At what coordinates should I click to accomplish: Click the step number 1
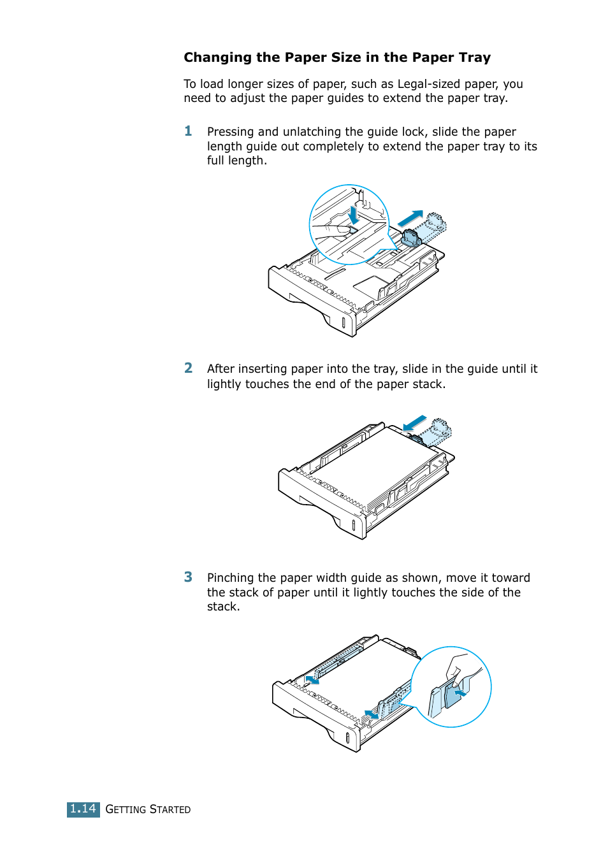pos(188,131)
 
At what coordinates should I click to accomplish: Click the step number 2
pos(188,368)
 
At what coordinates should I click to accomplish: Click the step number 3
pos(188,577)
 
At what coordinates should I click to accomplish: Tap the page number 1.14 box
pos(83,809)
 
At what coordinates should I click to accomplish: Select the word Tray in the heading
pos(474,57)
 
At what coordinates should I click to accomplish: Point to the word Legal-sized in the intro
pos(429,84)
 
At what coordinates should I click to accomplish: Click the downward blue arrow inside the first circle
pos(354,215)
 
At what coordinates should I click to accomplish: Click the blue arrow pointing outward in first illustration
pos(411,218)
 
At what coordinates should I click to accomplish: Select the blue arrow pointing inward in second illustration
pos(415,423)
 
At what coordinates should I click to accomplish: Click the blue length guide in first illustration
pos(410,238)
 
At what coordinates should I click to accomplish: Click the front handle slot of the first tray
pos(344,322)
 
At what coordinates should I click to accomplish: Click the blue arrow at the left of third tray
pos(312,681)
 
